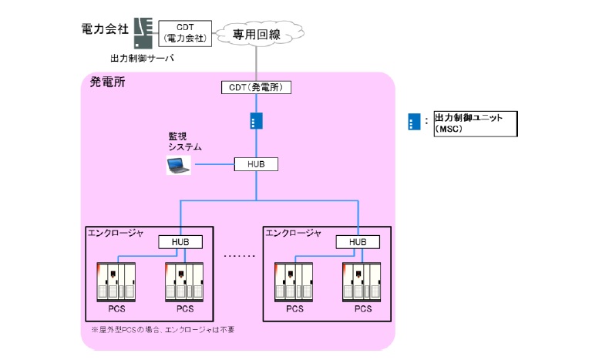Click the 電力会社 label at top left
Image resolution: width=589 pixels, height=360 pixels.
(105, 29)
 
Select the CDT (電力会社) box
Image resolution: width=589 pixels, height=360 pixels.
(185, 32)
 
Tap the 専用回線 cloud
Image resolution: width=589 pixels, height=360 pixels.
(256, 33)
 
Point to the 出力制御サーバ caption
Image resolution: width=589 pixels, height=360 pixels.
(143, 58)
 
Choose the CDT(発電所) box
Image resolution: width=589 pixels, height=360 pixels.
(256, 87)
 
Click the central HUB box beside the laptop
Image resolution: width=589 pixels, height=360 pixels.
(256, 164)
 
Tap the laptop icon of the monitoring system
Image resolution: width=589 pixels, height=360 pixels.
(178, 164)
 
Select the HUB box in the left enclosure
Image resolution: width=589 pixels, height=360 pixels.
(180, 242)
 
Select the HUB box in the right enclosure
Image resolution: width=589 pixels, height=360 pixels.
(358, 242)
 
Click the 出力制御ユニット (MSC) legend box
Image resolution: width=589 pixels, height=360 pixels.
(475, 123)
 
